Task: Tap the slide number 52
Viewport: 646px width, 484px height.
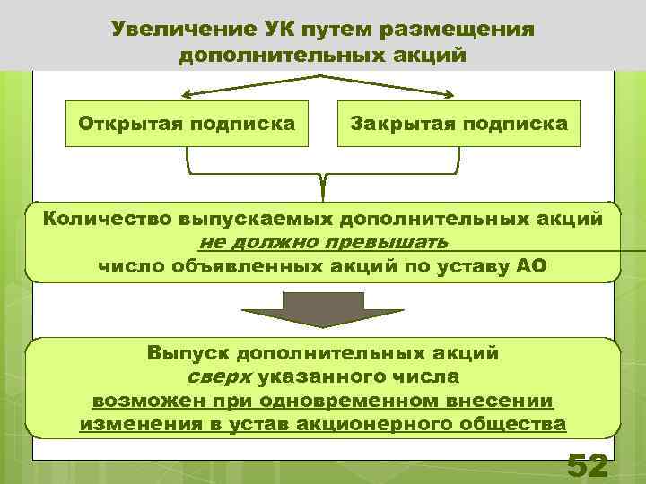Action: [x=588, y=466]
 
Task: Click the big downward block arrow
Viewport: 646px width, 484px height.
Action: [x=322, y=310]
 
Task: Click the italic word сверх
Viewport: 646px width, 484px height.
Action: [x=218, y=376]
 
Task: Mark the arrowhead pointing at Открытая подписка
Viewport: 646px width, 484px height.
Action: [x=186, y=93]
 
